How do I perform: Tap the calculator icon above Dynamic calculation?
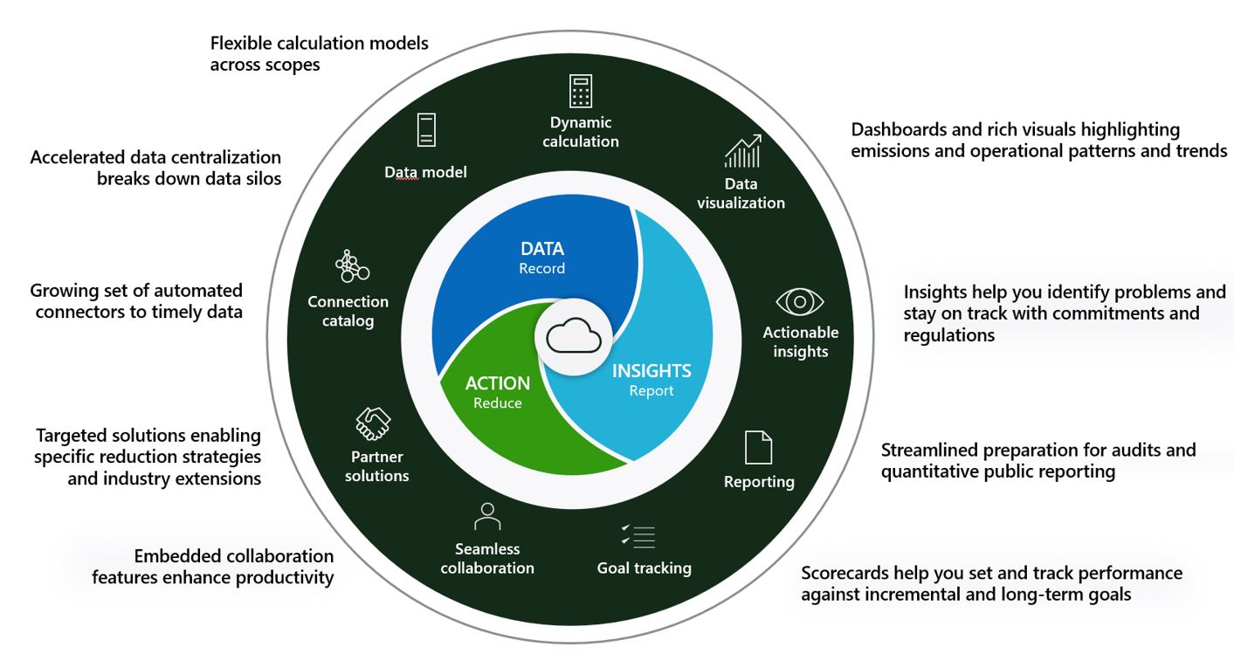[x=581, y=91]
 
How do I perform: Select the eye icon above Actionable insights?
[x=800, y=301]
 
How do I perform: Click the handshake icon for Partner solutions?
[x=373, y=423]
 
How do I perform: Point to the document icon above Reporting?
[x=758, y=447]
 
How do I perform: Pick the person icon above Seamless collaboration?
[x=487, y=516]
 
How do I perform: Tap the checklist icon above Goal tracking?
[x=638, y=537]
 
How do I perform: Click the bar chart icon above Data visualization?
[x=742, y=151]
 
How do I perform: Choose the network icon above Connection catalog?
[x=351, y=266]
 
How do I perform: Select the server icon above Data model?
[x=426, y=130]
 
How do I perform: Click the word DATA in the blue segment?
[x=542, y=249]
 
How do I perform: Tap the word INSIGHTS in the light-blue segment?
[x=651, y=371]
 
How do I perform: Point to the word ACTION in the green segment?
[x=498, y=383]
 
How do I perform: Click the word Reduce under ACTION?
[x=498, y=403]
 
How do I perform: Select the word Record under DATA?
[x=542, y=268]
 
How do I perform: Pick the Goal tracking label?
[x=644, y=568]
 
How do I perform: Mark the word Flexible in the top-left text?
[x=241, y=43]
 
